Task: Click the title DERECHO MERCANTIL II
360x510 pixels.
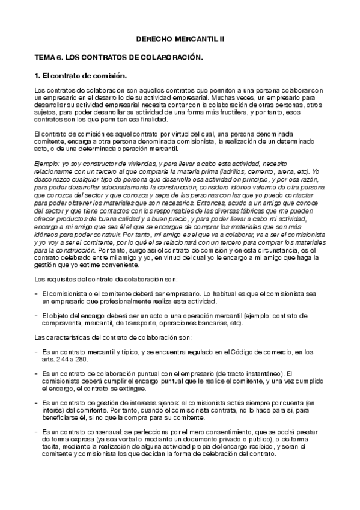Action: [180, 38]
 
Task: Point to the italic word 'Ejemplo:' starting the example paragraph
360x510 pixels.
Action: [49, 164]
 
